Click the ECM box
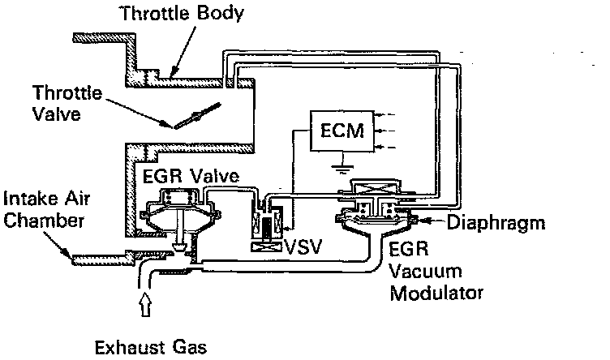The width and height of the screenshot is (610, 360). point(337,130)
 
